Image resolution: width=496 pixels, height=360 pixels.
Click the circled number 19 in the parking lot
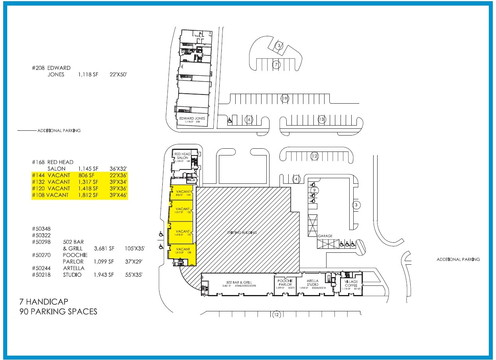point(284,98)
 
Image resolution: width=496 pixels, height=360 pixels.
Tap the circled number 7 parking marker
point(276,64)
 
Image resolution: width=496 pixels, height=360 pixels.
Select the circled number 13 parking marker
point(321,119)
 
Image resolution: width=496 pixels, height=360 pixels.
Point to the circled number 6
point(249,119)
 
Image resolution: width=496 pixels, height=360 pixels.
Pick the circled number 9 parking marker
point(314,190)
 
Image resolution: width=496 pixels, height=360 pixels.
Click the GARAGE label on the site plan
point(325,236)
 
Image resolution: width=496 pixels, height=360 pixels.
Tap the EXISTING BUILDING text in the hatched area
point(242,232)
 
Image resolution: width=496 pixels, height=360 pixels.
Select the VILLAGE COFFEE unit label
point(351,284)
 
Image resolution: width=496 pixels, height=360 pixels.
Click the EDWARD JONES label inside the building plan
point(192,118)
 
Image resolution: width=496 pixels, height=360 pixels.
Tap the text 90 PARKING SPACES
point(58,311)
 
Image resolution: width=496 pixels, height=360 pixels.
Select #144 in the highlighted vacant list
point(39,175)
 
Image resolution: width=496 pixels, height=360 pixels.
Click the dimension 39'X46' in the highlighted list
point(118,195)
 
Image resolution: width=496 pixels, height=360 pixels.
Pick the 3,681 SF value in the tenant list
point(104,248)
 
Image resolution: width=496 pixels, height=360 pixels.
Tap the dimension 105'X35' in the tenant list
point(135,248)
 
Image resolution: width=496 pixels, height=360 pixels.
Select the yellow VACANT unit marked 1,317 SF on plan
point(182,211)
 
